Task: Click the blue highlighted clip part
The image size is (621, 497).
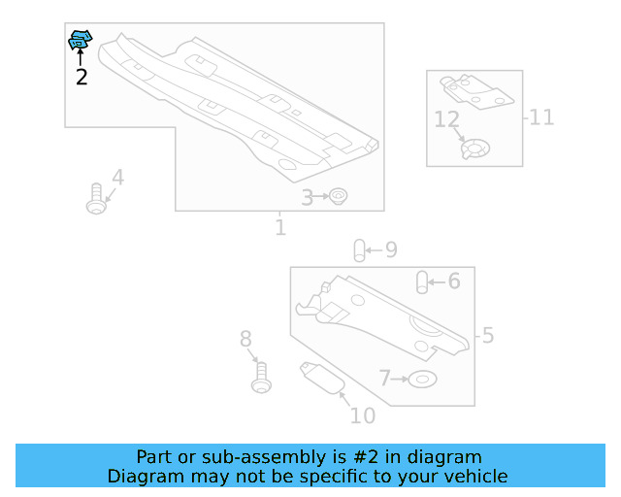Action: tap(80, 40)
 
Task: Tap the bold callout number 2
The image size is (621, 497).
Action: tap(82, 77)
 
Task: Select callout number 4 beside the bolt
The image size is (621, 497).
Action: tap(118, 178)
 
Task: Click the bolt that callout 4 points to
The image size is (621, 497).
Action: tap(96, 199)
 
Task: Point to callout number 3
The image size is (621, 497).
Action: tap(307, 198)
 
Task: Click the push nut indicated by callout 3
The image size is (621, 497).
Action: tap(339, 196)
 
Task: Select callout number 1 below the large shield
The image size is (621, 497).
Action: tap(280, 227)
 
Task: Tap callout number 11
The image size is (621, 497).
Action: tap(541, 117)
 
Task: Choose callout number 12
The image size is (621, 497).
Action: tap(446, 119)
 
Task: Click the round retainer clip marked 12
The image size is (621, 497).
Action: tap(475, 149)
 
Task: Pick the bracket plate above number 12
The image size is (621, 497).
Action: tap(476, 91)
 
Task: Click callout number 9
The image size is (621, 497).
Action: tap(391, 249)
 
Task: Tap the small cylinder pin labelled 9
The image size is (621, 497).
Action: tap(359, 250)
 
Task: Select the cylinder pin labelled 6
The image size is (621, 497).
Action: tap(422, 282)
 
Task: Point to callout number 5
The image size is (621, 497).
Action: tap(488, 335)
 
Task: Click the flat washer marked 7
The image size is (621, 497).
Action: tap(422, 380)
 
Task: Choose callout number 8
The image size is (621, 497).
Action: tap(245, 339)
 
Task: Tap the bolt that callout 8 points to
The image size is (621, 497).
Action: tap(261, 378)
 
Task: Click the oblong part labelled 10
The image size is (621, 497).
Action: tap(322, 379)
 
